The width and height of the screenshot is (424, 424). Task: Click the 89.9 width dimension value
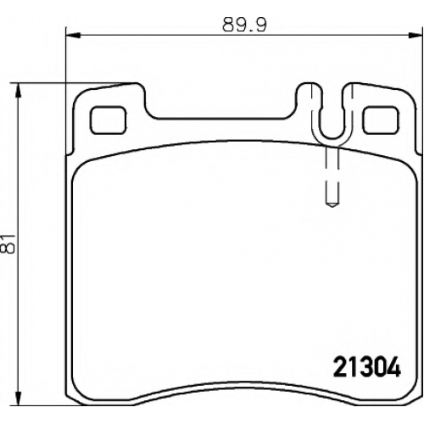(245, 25)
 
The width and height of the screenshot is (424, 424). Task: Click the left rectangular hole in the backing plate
(109, 120)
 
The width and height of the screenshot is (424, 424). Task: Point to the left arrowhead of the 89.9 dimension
(73, 36)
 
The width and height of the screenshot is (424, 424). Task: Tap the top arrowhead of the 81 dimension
(18, 91)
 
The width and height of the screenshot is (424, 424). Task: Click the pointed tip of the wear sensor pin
(332, 207)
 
